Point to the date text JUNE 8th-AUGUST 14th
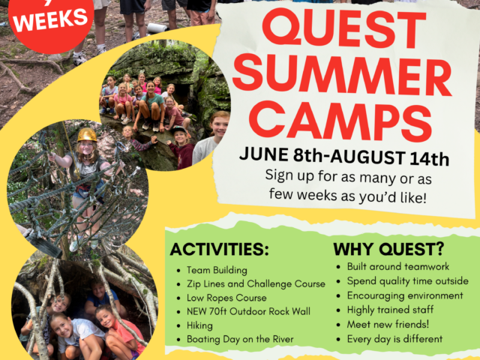click(344, 157)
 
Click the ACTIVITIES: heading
click(219, 250)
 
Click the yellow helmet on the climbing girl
click(87, 134)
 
